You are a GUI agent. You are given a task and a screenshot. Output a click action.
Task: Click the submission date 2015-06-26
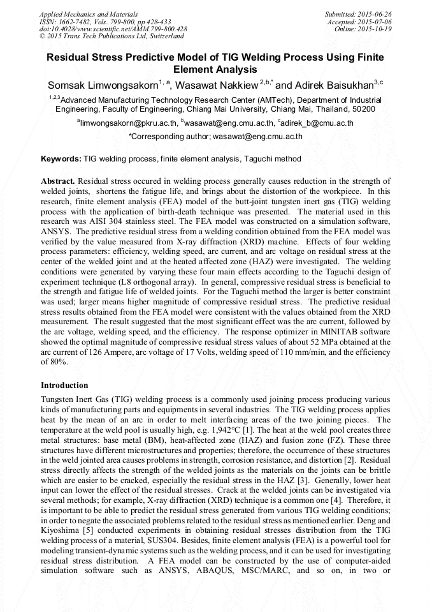tap(375, 13)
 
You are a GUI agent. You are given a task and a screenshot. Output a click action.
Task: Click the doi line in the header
tap(113, 29)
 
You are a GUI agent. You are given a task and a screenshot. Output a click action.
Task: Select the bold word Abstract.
tap(58, 181)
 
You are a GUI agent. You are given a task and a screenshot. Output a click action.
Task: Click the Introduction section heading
tap(64, 385)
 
